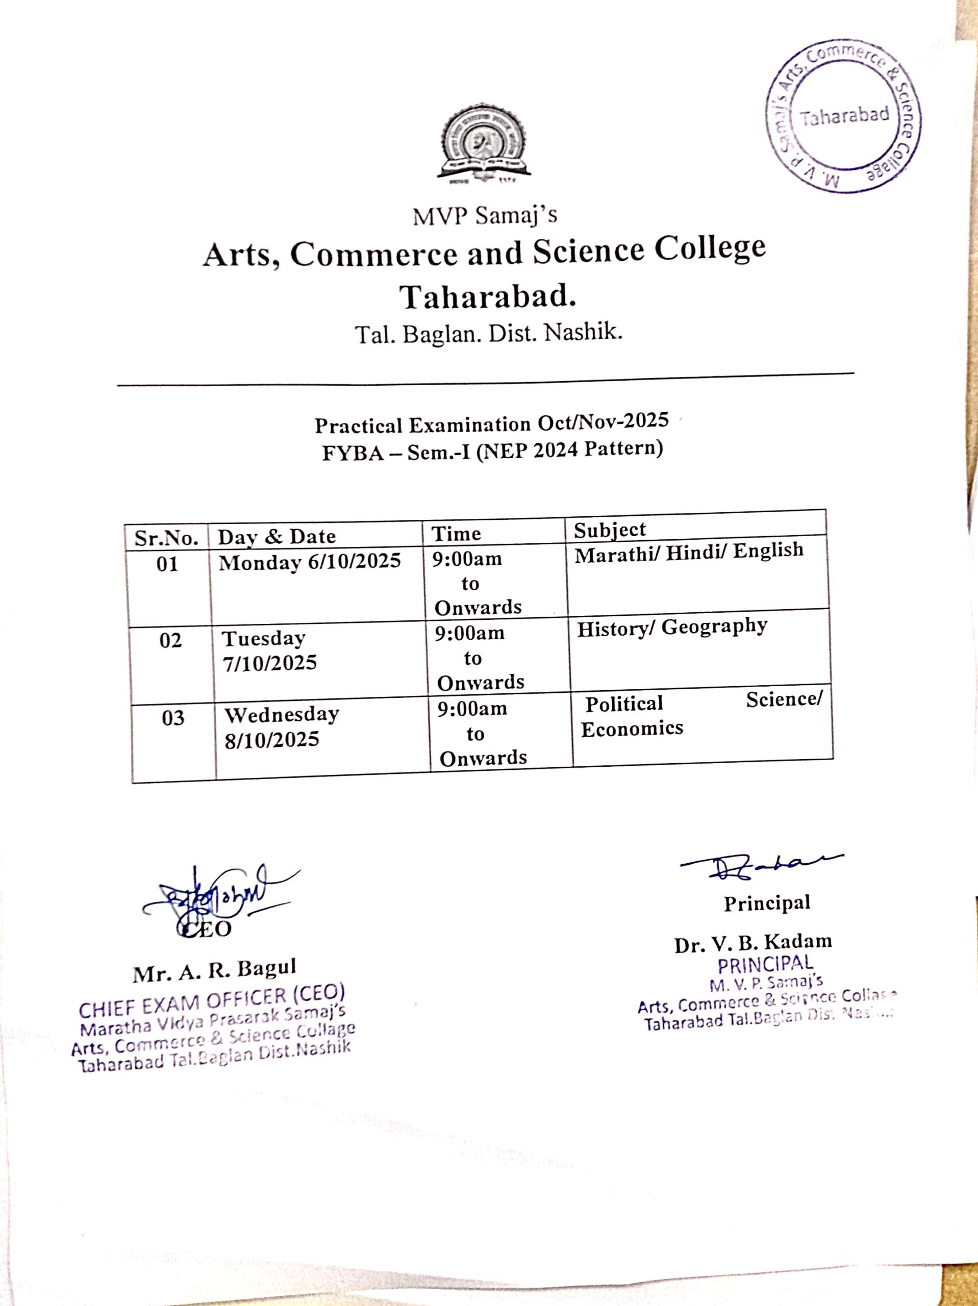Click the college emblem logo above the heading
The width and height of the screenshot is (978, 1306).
pos(484,143)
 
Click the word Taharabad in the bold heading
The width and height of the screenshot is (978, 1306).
pos(488,296)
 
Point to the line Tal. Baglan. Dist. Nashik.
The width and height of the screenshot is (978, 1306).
pos(488,334)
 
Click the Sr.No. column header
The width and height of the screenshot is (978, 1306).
pos(166,538)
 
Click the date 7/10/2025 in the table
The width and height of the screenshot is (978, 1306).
pos(269,663)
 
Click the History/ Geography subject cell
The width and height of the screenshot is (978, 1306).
pos(671,627)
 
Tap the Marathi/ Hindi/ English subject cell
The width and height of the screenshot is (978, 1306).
pos(689,552)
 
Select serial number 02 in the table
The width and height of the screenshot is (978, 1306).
pos(170,641)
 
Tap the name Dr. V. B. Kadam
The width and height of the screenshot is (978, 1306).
pos(753,943)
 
